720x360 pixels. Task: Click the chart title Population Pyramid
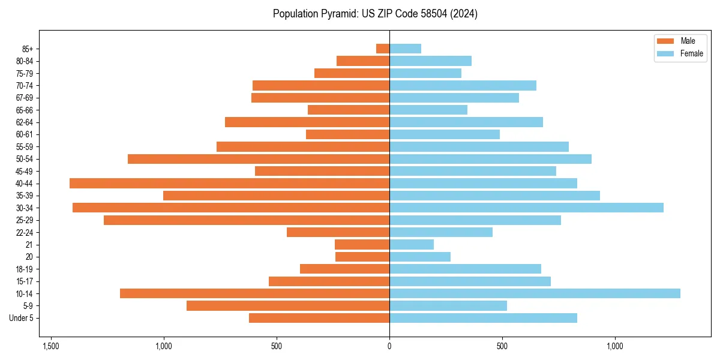[x=375, y=14]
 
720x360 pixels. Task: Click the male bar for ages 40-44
[x=229, y=183]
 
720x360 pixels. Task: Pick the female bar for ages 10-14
[x=535, y=293]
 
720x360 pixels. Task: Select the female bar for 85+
[x=405, y=49]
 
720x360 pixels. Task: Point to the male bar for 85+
[x=383, y=49]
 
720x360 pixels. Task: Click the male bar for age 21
[x=362, y=244]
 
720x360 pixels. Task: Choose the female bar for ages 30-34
[x=526, y=208]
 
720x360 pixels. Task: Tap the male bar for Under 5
[x=319, y=318]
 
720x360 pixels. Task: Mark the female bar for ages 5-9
[x=448, y=305]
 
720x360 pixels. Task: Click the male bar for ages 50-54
[x=259, y=159]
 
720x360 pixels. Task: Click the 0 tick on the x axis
[x=389, y=346]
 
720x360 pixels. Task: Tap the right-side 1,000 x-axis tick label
[x=615, y=346]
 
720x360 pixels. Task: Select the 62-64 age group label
[x=25, y=122]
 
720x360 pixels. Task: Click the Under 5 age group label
[x=21, y=318]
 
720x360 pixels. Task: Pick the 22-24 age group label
[x=25, y=232]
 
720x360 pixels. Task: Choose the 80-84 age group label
[x=25, y=61]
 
